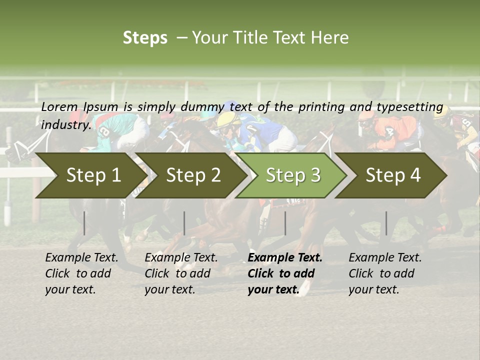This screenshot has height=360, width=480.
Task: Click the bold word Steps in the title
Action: coord(145,37)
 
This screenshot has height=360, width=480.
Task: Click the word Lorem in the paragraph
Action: coord(59,106)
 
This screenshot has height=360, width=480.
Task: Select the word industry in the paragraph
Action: coord(65,124)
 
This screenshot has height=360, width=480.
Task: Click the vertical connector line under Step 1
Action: coord(84,223)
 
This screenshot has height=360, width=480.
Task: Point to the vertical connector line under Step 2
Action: coord(184,223)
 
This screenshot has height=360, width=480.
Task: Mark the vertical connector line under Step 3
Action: coord(285,223)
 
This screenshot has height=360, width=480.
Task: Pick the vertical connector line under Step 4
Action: coord(386,223)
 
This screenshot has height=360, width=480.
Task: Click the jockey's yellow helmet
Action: coord(228,118)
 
